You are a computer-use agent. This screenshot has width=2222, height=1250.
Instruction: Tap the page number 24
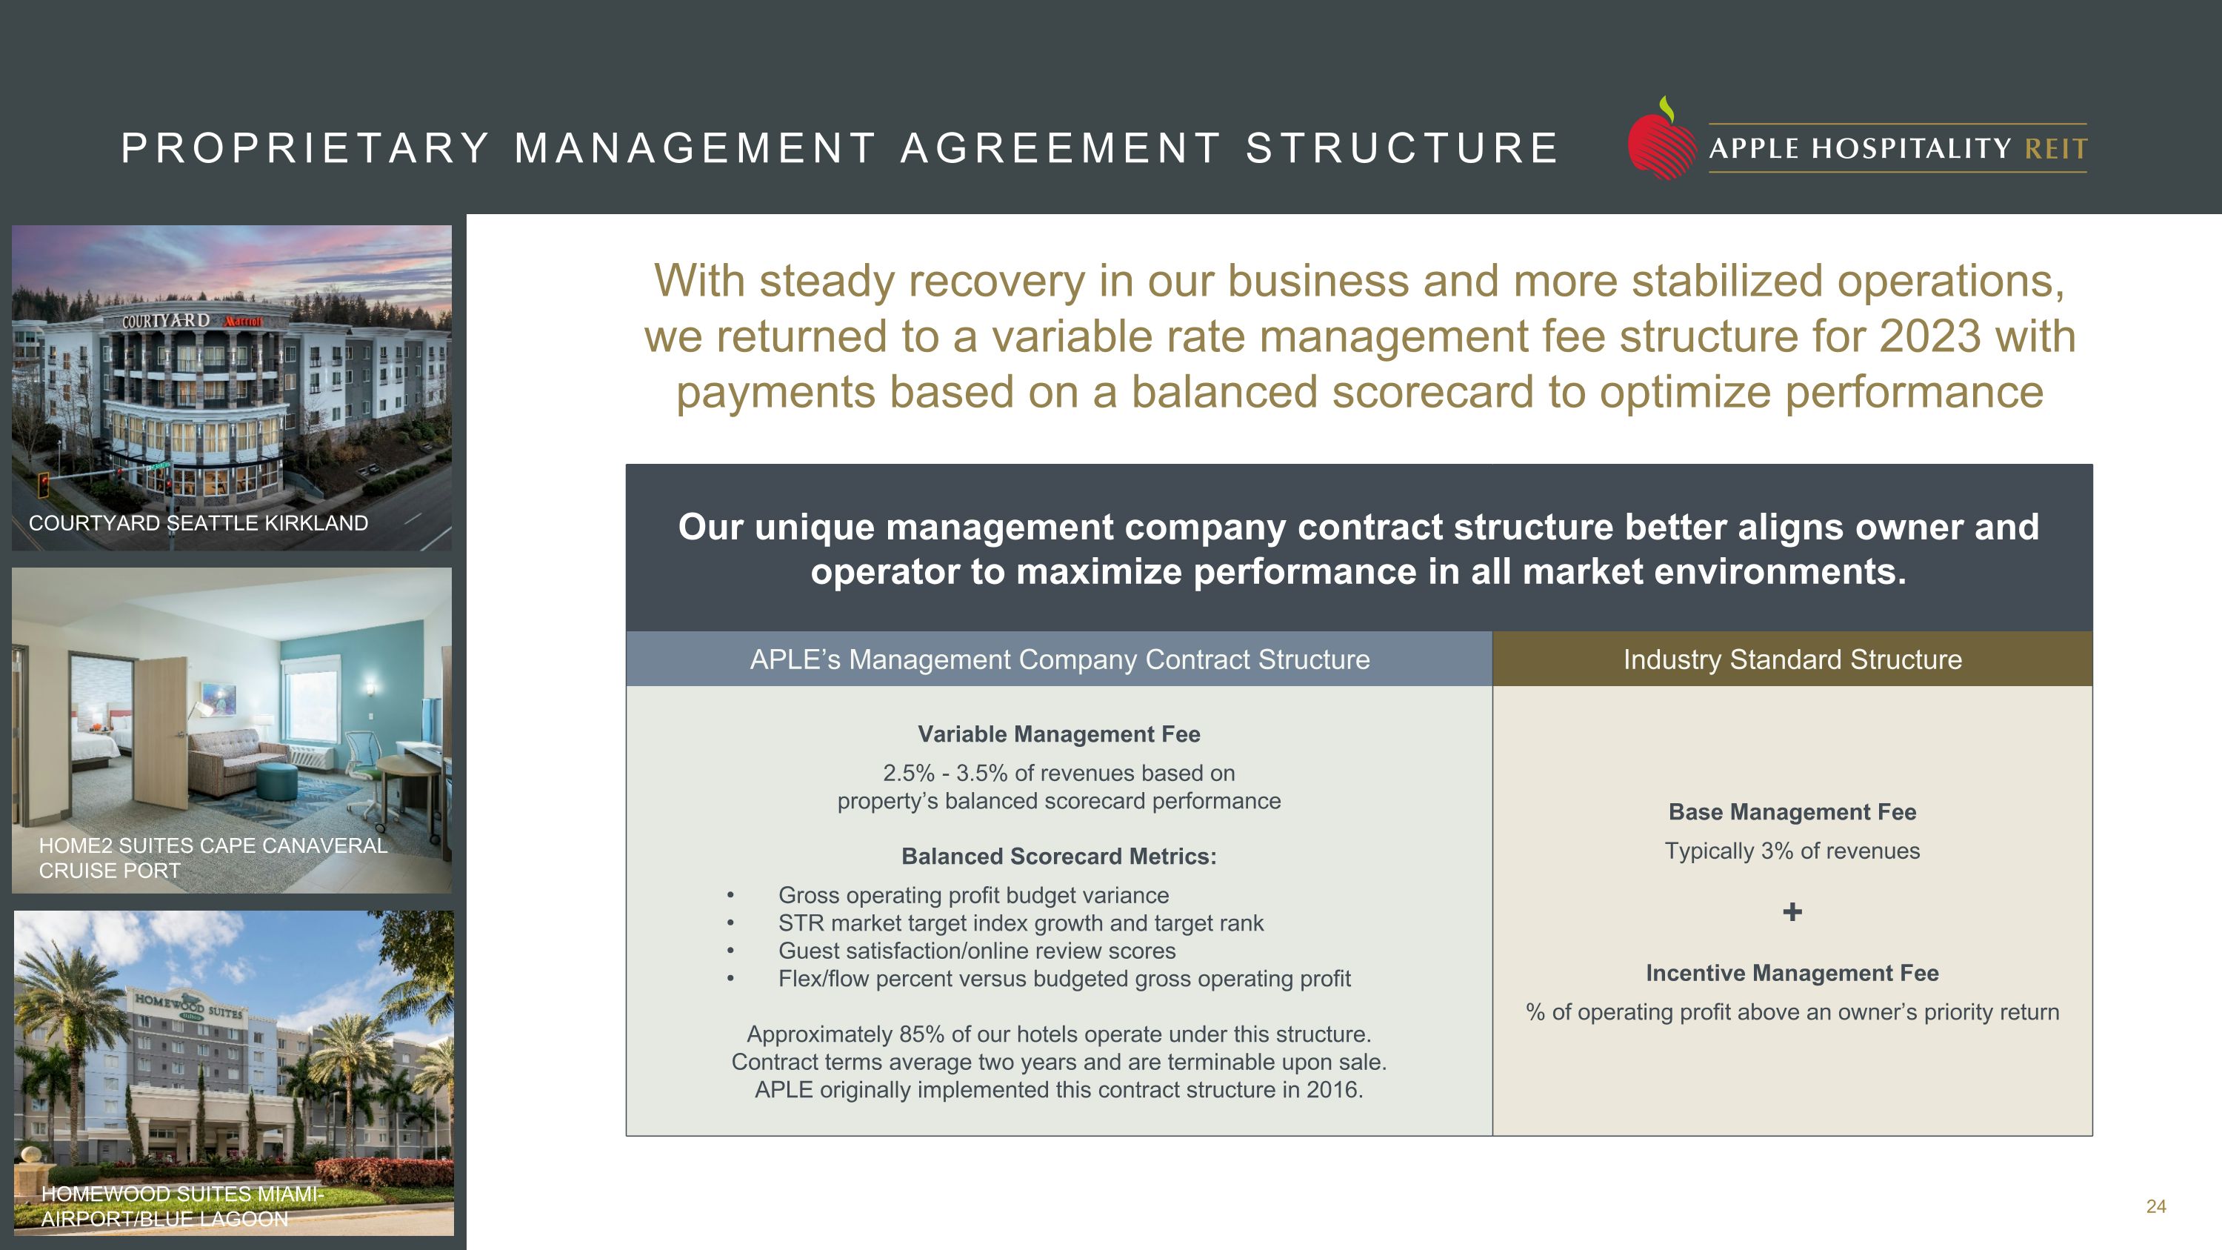[x=2155, y=1206]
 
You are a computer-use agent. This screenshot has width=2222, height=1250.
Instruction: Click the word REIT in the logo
[x=2055, y=149]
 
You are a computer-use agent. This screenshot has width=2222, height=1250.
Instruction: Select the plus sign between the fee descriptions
[x=1792, y=912]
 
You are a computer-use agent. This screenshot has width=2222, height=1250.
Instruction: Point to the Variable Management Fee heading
[x=1058, y=734]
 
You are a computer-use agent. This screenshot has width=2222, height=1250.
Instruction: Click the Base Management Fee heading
[x=1792, y=812]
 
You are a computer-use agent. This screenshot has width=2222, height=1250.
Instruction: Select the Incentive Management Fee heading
[x=1792, y=973]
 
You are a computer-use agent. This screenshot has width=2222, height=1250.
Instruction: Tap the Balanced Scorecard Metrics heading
[x=1058, y=857]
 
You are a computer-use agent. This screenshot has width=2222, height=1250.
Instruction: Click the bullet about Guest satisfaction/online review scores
[x=976, y=951]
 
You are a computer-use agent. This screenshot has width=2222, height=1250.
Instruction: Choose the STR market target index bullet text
[x=1021, y=923]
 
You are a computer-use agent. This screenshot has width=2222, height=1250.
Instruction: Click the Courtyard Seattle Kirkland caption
[x=198, y=523]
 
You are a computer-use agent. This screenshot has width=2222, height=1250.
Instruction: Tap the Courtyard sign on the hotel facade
[x=166, y=321]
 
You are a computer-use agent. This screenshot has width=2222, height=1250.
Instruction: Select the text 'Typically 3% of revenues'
[x=1792, y=851]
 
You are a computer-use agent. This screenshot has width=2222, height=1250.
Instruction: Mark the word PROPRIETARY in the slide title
[x=305, y=148]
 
